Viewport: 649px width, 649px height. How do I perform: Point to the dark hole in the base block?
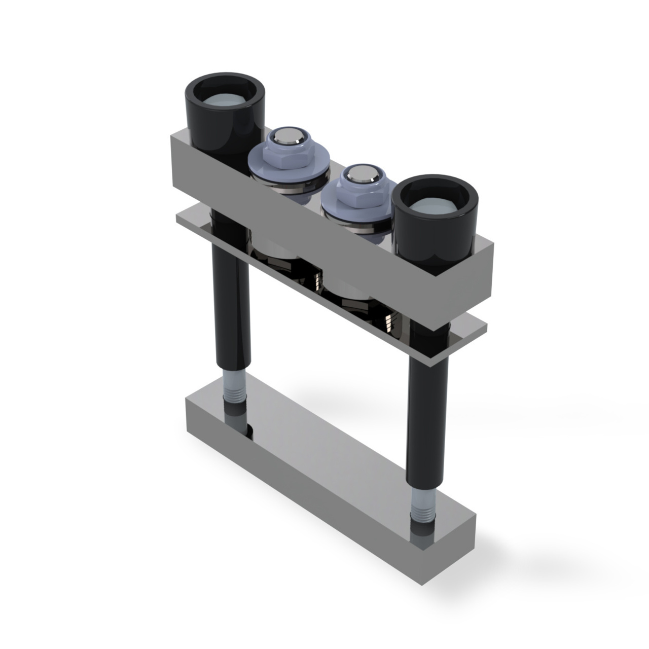[250, 431]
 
